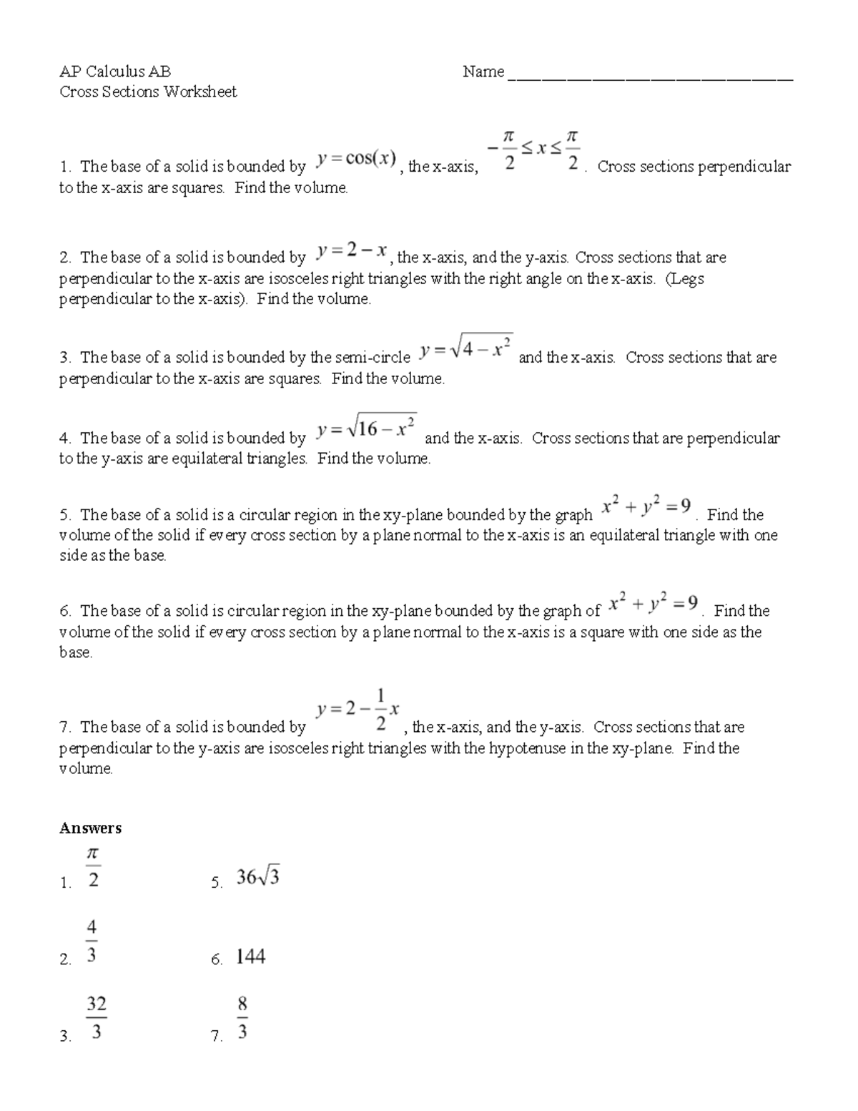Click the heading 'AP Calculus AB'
coord(114,71)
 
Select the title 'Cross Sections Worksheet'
coord(147,92)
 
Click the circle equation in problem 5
coord(646,507)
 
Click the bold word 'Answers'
coord(90,828)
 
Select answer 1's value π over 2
coord(93,867)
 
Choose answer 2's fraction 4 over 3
coord(92,941)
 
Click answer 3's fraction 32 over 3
coord(96,1018)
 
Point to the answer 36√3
coord(257,877)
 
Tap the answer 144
coord(250,956)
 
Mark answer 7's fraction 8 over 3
coord(242,1018)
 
